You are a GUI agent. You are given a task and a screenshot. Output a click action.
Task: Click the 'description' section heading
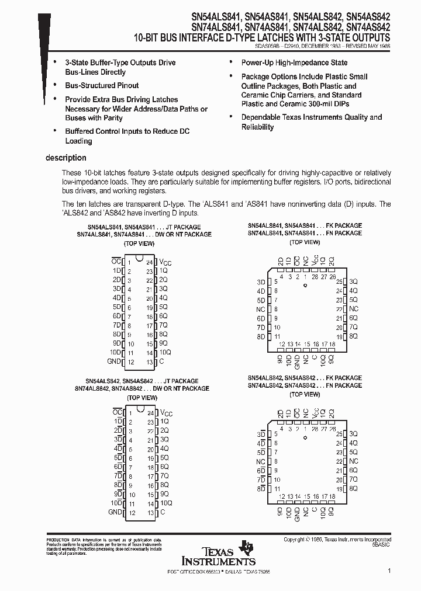[x=65, y=158]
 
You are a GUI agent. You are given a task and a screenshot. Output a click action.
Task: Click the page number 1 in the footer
[x=389, y=570]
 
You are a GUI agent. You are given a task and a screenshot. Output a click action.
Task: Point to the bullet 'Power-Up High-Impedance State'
[x=294, y=62]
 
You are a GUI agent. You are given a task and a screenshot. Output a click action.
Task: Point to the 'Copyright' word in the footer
[x=295, y=540]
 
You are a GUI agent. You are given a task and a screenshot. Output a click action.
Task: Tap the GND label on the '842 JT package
[x=115, y=512]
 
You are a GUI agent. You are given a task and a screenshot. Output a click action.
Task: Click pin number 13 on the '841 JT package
[x=150, y=362]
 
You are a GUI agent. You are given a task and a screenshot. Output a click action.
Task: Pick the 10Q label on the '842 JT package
[x=166, y=503]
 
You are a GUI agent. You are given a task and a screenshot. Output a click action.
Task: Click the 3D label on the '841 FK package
[x=261, y=281]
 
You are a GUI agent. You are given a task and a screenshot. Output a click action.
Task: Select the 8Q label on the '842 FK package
[x=353, y=488]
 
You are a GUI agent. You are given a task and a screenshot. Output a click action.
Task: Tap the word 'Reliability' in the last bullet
[x=258, y=127]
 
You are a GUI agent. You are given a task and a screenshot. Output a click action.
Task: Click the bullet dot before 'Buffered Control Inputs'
[x=55, y=131]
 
